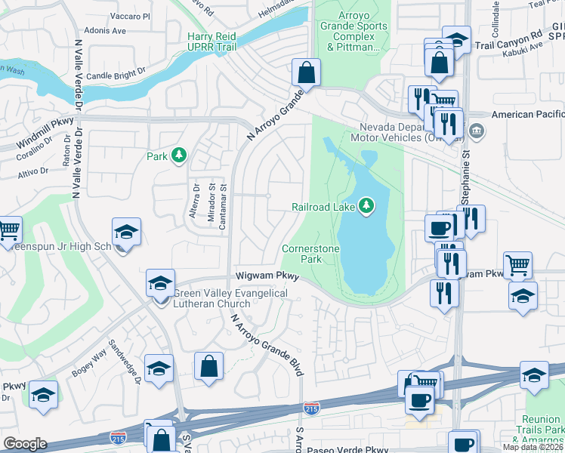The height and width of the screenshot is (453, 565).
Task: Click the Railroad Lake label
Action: (324, 207)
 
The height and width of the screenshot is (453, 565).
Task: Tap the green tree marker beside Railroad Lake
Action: (366, 205)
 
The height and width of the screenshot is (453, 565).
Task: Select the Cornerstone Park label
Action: (310, 254)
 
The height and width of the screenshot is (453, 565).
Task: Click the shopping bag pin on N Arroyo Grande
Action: (307, 74)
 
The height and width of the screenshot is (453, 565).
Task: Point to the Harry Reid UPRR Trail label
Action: (211, 42)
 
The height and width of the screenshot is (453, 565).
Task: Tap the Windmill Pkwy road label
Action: (45, 133)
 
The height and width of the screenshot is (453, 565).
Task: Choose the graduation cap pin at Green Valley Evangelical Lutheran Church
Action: (160, 284)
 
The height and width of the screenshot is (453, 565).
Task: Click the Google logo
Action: (25, 443)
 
